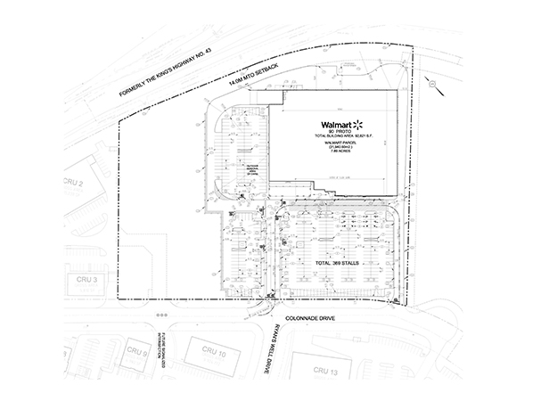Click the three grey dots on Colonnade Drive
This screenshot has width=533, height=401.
pos(160,315)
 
